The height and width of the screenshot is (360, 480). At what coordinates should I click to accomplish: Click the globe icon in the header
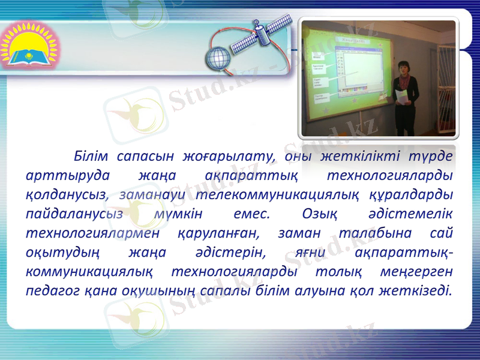217,60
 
